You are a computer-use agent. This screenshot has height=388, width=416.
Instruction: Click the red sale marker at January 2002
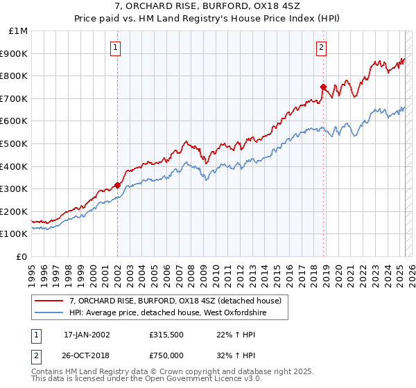(117, 185)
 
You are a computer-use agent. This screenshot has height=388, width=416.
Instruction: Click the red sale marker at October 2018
(323, 87)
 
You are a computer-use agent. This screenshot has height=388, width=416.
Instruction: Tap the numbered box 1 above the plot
(115, 48)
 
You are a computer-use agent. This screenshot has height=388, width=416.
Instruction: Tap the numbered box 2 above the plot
(322, 48)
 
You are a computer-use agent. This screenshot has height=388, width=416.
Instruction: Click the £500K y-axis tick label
(15, 143)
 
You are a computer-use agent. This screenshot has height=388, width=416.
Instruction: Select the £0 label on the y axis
(22, 256)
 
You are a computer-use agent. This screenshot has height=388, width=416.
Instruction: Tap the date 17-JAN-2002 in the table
(86, 335)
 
